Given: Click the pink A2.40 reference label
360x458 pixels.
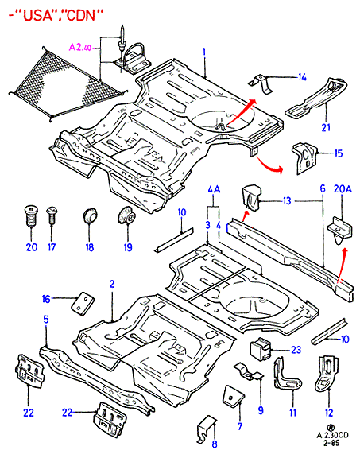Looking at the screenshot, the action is [x=80, y=47].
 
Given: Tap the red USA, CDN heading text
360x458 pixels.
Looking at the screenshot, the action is [x=56, y=15].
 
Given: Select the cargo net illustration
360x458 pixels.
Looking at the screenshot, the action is [x=68, y=84].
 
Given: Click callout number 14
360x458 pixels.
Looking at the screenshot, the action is [x=302, y=77].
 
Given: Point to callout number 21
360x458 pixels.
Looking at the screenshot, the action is [x=326, y=127].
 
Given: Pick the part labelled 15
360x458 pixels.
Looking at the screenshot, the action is [x=304, y=158].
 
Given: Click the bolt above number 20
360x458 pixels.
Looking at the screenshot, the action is [x=31, y=215].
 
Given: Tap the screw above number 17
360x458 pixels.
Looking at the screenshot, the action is [x=52, y=215].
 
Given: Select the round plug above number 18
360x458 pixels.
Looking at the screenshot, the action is [x=89, y=215].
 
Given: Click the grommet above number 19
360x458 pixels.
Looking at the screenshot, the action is [x=127, y=215].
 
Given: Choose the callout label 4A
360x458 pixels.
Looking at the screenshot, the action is [x=214, y=190].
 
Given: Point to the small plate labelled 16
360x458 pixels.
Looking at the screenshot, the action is [x=83, y=303].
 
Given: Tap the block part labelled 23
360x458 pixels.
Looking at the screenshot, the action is [x=261, y=349].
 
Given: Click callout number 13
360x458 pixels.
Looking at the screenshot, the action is [x=287, y=201].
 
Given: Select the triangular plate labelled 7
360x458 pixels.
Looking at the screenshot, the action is [x=234, y=395].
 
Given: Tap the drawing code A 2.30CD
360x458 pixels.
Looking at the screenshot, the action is [x=332, y=435].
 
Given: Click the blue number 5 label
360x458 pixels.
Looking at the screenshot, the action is [x=46, y=320].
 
